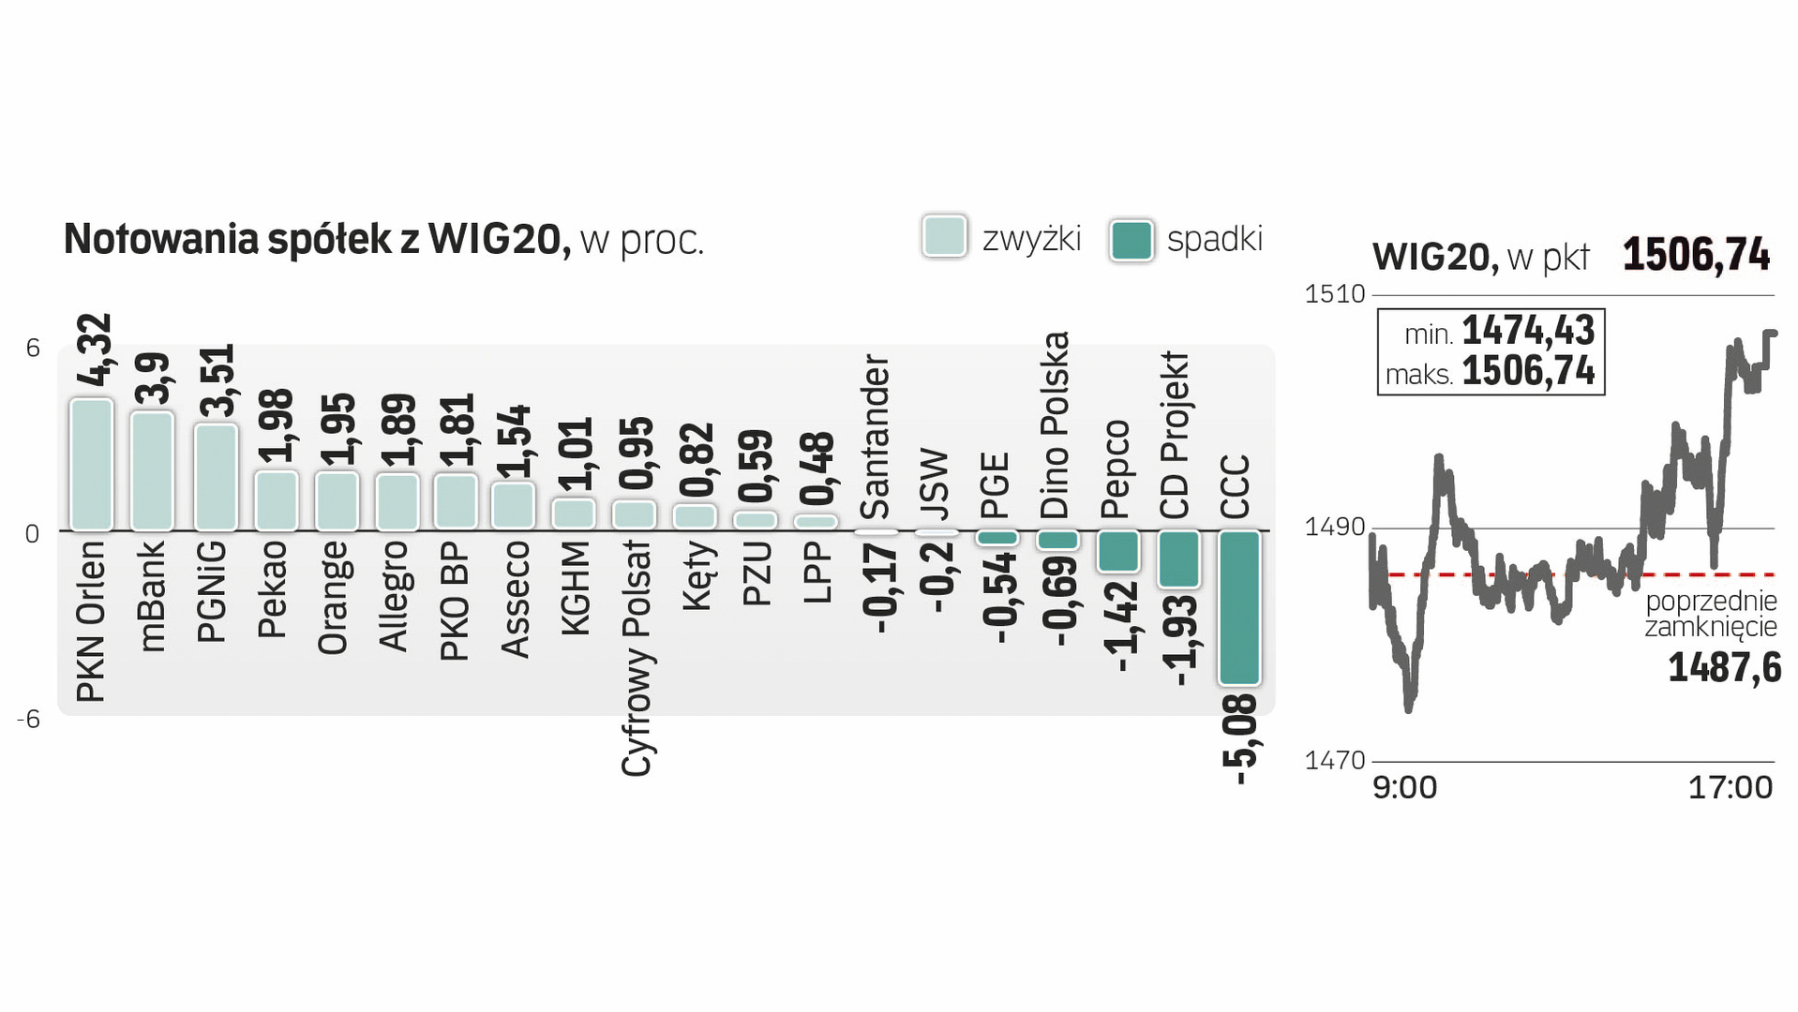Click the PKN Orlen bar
(91, 465)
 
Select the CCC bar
(1239, 607)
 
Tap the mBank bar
(152, 470)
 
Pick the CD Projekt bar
(1178, 559)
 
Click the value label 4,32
(94, 350)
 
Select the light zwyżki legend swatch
(944, 237)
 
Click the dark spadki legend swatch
(1131, 240)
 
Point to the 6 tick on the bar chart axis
(33, 349)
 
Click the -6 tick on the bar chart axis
(29, 720)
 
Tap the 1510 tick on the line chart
(1335, 294)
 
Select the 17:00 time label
(1730, 787)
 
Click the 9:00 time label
(1404, 787)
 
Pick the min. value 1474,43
(1528, 331)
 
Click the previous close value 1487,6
(1724, 668)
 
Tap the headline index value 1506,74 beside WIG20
(1696, 255)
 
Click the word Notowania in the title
(160, 240)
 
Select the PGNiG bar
(216, 477)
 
